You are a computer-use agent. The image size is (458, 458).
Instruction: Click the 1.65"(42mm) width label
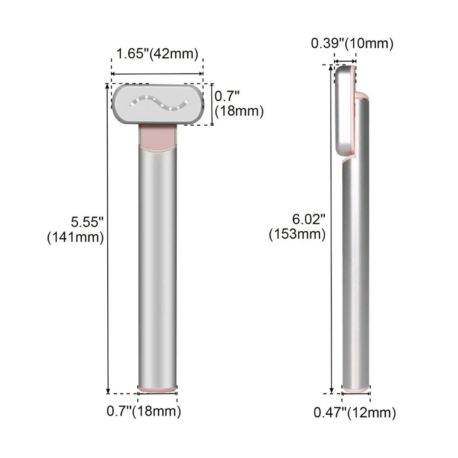coord(157,54)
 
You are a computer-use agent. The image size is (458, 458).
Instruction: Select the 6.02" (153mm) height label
coord(297,226)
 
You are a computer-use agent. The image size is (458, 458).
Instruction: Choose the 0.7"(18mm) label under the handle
coord(144,411)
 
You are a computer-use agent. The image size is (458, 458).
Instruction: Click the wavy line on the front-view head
coord(158,104)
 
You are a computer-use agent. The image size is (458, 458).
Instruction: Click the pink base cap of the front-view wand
coord(157,389)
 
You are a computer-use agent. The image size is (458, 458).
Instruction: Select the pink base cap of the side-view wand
coord(356,390)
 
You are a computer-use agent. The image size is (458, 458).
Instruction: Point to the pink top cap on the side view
coord(361,95)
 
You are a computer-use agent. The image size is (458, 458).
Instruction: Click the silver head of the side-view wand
coord(345,112)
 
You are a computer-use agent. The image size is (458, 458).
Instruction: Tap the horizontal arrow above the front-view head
coord(157,74)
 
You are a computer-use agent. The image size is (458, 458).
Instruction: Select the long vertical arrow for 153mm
coord(331,228)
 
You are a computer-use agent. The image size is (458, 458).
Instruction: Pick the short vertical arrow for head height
coord(212,104)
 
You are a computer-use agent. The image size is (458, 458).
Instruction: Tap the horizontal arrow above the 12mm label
coord(356,394)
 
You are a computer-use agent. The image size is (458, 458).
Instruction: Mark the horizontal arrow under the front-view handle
coord(157,394)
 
